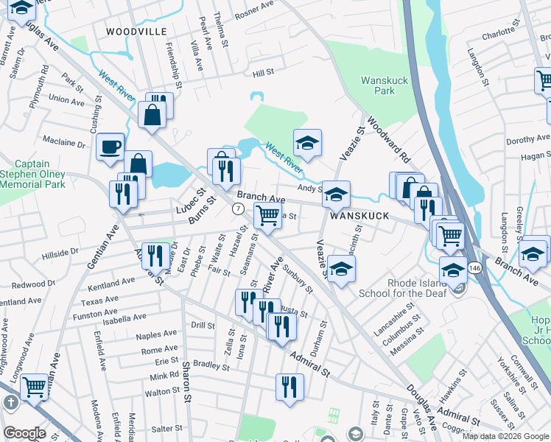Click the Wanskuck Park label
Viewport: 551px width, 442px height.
click(379, 86)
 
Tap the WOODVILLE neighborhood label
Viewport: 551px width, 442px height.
click(133, 32)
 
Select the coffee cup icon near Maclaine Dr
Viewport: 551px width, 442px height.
click(110, 146)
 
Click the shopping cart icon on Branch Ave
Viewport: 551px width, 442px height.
click(267, 215)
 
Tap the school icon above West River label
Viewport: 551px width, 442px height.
click(308, 141)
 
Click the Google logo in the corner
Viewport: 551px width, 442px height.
click(24, 433)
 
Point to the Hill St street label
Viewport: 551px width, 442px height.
click(263, 73)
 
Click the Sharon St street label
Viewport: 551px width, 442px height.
click(187, 376)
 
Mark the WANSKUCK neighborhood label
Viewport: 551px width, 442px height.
click(358, 216)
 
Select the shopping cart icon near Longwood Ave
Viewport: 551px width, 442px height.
click(34, 385)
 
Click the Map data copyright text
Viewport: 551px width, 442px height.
click(505, 436)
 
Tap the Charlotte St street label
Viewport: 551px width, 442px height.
click(499, 34)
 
